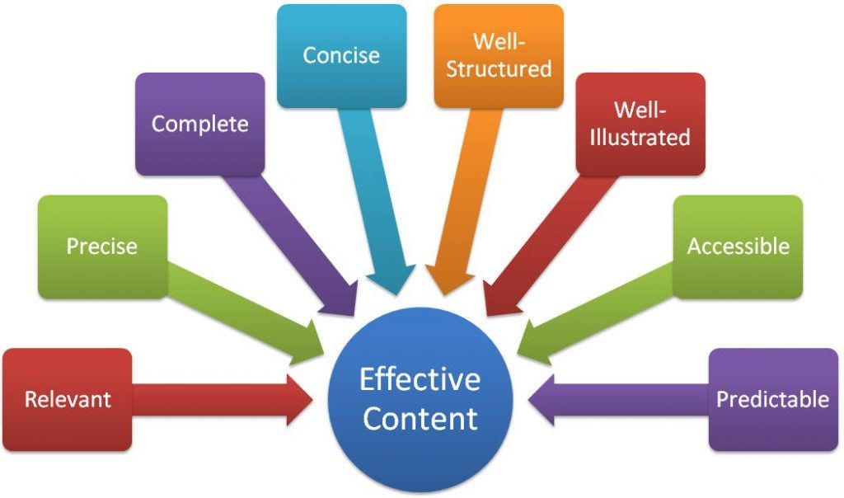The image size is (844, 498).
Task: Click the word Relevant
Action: point(68,400)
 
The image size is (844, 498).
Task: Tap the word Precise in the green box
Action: point(102,246)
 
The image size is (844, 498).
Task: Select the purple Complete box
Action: point(199,124)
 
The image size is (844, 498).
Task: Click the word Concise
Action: point(341,55)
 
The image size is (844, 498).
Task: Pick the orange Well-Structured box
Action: point(499,55)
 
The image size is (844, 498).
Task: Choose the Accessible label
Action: point(738,246)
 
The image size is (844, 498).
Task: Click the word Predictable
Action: point(772,400)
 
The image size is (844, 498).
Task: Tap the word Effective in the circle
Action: point(420,379)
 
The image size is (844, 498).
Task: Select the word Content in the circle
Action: point(420,418)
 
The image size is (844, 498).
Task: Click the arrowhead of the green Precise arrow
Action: point(308,347)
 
